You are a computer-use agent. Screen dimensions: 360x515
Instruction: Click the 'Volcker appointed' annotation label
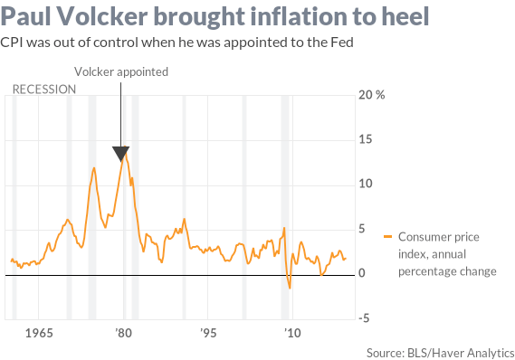(x=121, y=71)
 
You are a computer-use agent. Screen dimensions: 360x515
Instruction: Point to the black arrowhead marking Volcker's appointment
(x=121, y=153)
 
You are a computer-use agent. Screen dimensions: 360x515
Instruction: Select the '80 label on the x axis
(x=123, y=332)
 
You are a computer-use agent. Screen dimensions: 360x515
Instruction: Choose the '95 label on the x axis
(x=207, y=332)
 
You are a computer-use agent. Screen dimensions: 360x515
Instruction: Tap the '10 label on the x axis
(x=291, y=332)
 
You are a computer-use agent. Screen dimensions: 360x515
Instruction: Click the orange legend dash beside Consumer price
(x=388, y=237)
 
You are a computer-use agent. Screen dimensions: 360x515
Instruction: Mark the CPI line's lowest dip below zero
(x=290, y=288)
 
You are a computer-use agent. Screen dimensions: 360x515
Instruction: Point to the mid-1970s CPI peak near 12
(x=93, y=167)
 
